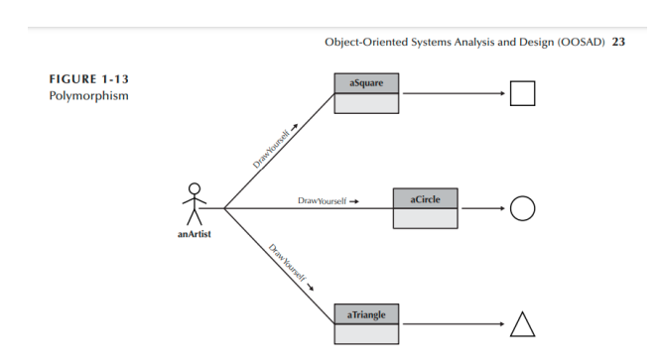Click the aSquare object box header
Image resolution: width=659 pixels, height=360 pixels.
365,83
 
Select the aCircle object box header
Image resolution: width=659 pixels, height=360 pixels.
426,198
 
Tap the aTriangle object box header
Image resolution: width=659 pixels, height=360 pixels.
365,314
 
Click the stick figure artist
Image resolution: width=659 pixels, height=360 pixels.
194,204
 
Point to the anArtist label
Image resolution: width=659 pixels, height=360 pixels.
194,234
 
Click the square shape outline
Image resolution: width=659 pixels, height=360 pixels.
522,93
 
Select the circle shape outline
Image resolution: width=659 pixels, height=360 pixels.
522,208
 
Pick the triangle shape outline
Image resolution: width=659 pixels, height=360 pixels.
522,324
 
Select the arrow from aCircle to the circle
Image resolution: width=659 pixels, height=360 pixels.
482,209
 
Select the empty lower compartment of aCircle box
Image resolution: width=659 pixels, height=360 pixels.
426,218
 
